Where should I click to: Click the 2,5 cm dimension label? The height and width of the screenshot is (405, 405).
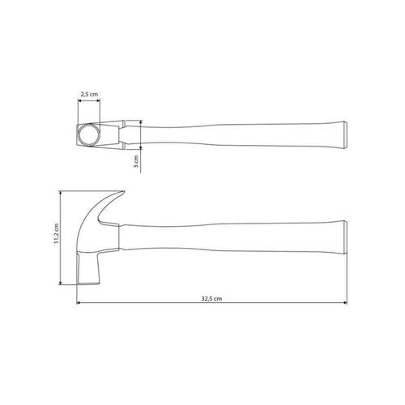(x=89, y=94)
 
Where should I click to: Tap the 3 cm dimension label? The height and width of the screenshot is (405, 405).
(x=136, y=161)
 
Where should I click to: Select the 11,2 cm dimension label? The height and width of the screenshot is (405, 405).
(x=56, y=234)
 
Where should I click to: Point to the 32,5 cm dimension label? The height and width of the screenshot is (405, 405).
(x=211, y=299)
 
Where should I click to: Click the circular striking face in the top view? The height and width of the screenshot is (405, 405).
(x=89, y=135)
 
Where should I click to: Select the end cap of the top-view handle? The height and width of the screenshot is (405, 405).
(x=345, y=135)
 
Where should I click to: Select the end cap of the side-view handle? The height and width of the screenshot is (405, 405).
(x=345, y=237)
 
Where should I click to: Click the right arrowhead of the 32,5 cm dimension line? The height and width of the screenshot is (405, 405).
(x=345, y=303)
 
